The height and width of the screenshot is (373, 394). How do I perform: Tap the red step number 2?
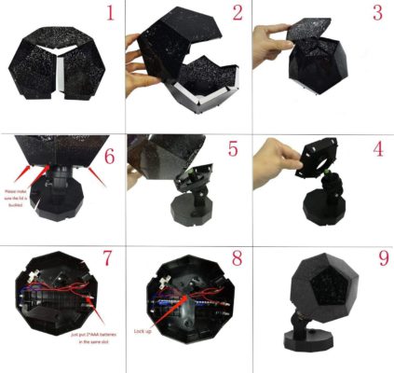(238, 15)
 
